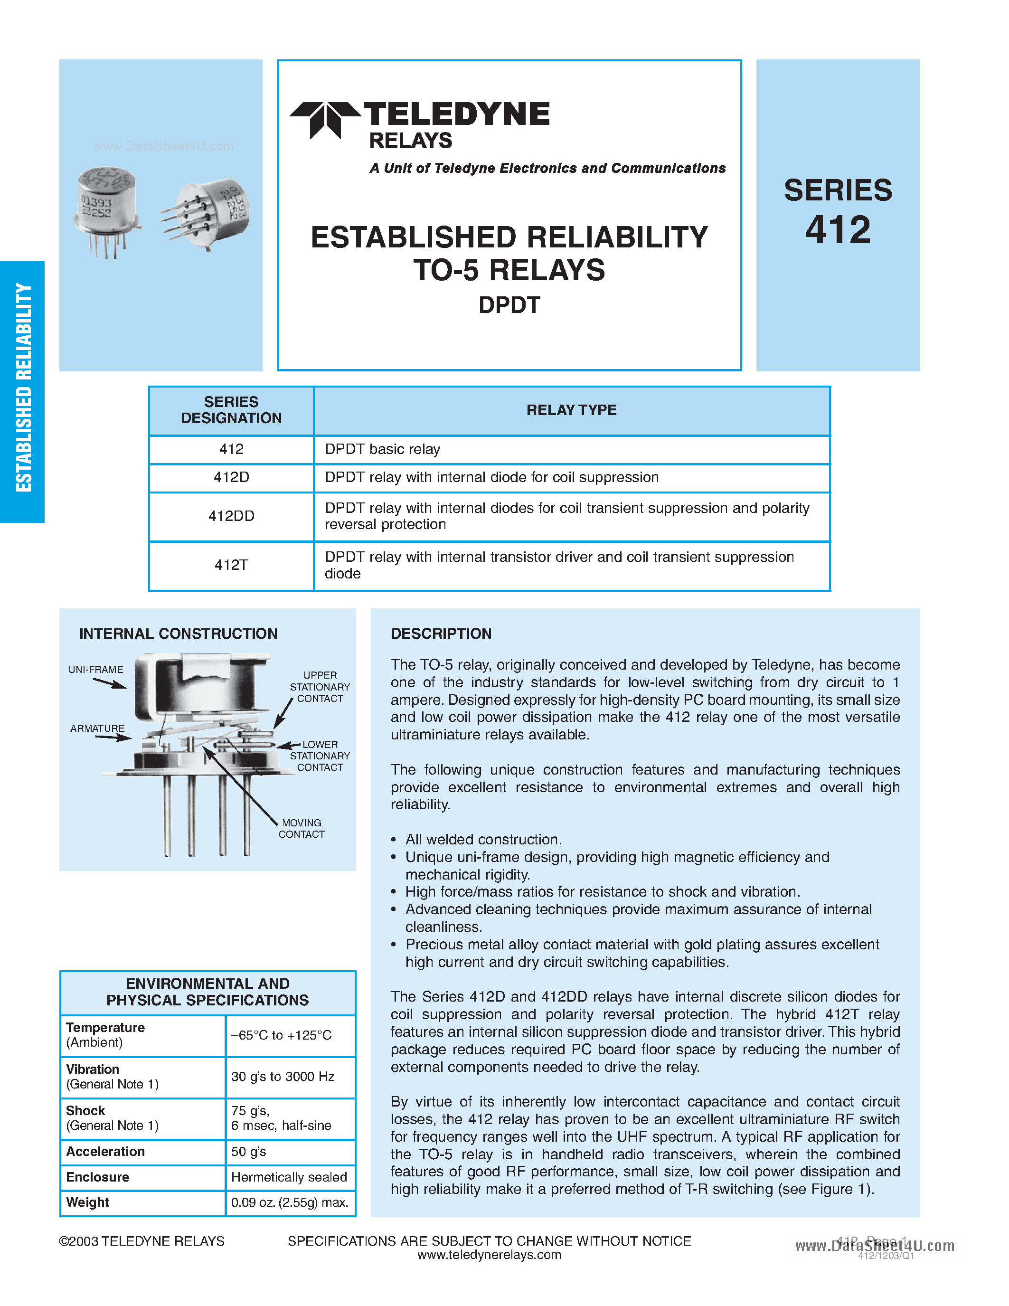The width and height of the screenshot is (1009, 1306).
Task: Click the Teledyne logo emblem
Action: [x=325, y=119]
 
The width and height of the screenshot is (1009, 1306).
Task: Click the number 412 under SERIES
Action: [x=838, y=230]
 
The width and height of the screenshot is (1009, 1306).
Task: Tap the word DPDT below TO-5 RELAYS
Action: [x=509, y=305]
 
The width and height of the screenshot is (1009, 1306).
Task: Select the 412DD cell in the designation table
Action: [x=231, y=516]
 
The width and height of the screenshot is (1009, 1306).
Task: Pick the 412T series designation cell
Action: [x=231, y=565]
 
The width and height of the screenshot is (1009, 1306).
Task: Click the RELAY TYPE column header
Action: [x=571, y=410]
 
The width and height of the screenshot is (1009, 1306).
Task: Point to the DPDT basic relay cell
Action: [x=383, y=449]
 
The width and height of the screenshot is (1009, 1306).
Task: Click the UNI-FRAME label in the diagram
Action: [x=95, y=669]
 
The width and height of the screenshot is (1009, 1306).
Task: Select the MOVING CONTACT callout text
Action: [x=301, y=828]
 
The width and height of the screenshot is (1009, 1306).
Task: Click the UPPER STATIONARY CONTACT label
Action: [x=320, y=687]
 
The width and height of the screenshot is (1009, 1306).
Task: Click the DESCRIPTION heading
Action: [x=441, y=634]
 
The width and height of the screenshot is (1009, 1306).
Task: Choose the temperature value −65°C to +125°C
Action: [x=281, y=1035]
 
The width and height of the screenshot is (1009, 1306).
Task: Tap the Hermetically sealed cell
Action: [x=289, y=1177]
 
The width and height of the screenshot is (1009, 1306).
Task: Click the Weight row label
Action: [x=88, y=1202]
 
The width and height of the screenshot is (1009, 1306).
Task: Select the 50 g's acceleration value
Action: [x=249, y=1151]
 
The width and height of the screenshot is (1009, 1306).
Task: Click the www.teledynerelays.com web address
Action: [x=489, y=1255]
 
